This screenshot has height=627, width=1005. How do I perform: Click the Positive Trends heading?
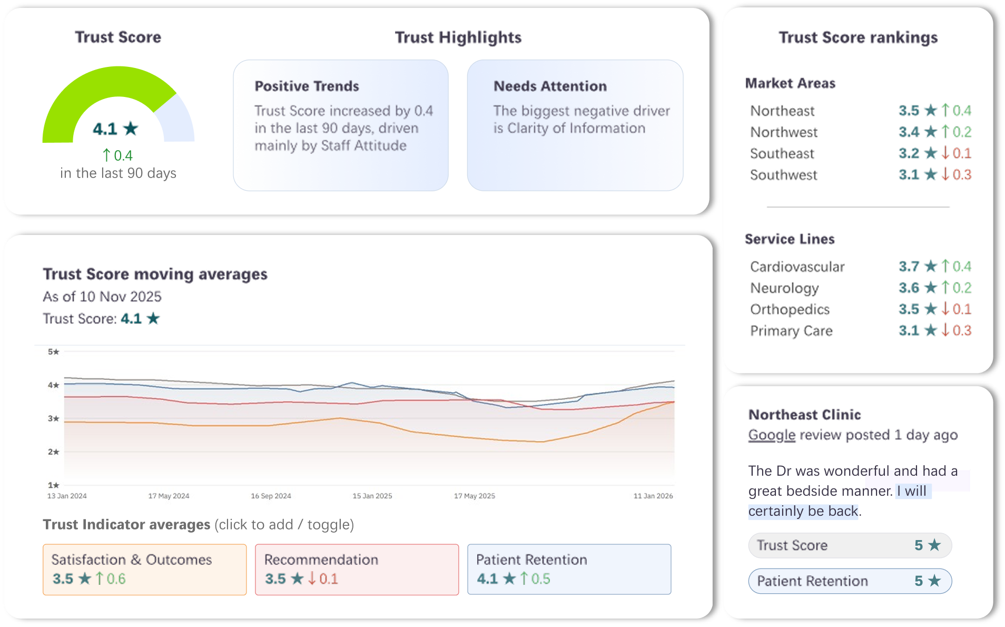tap(307, 86)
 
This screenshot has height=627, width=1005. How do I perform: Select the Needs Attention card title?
tap(550, 86)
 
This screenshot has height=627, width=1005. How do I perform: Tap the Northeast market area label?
tap(782, 111)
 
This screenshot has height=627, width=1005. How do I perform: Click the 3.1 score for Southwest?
tap(909, 174)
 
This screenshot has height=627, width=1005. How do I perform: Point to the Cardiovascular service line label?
tap(797, 267)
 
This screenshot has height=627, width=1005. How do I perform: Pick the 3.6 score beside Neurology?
tap(909, 288)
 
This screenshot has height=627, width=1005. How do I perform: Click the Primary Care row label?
tap(791, 331)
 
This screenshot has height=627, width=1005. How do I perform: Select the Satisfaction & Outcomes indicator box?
tap(144, 570)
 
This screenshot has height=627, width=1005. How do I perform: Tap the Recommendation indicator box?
tap(357, 570)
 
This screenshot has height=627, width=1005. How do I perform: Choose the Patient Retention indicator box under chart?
tap(569, 570)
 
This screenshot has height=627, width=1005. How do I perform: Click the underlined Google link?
tap(772, 435)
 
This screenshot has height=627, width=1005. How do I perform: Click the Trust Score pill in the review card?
tap(850, 545)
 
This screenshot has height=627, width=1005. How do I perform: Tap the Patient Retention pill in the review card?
tap(850, 581)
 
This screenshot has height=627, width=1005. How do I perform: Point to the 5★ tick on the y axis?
tap(53, 351)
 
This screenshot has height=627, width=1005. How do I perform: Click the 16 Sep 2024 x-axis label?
tap(271, 496)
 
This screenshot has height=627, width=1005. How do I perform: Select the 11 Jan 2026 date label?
tap(653, 496)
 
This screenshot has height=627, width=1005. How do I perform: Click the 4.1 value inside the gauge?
tap(105, 129)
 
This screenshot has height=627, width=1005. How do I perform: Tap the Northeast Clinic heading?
tap(804, 415)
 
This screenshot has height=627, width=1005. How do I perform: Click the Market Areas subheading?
tap(790, 83)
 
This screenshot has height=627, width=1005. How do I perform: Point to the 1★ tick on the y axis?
tap(53, 485)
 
